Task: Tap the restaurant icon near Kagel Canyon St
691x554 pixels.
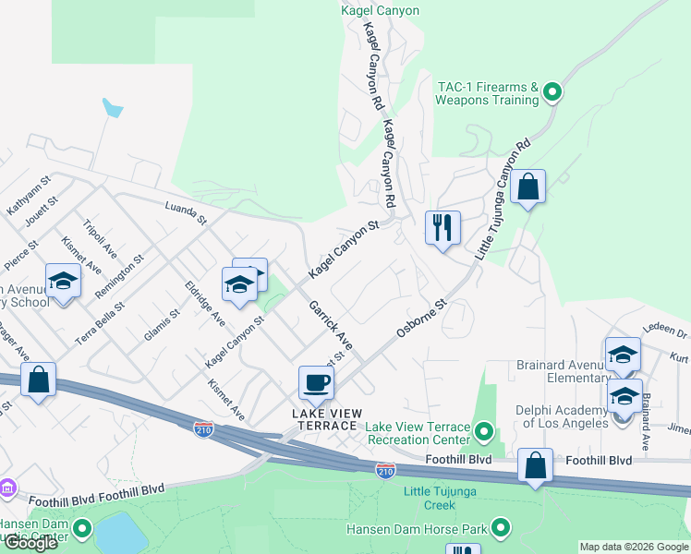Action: point(442,226)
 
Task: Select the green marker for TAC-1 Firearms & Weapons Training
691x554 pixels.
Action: point(552,91)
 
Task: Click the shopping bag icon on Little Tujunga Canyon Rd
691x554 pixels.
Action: point(527,187)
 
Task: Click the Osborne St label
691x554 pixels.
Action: point(421,316)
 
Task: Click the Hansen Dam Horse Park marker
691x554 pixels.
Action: point(501,529)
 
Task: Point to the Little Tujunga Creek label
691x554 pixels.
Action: point(442,498)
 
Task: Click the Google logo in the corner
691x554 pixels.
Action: point(30,542)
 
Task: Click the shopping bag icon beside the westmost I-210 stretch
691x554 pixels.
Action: point(39,379)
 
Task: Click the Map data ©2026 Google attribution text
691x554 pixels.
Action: point(633,547)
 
